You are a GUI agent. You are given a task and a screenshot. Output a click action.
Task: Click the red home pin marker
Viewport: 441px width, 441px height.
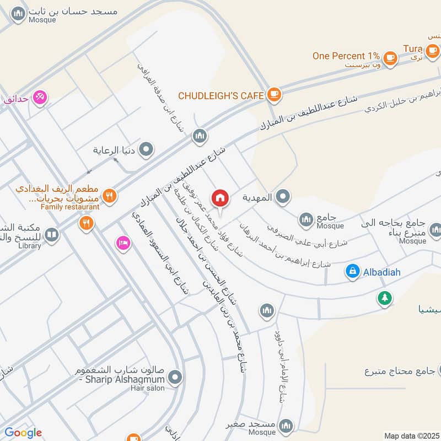220,198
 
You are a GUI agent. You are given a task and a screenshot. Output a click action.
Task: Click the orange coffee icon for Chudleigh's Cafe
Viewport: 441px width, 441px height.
273,95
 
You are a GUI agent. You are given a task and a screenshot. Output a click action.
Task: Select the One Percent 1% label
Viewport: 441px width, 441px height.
346,56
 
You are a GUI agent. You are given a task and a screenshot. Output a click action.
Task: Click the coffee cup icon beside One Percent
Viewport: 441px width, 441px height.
390,57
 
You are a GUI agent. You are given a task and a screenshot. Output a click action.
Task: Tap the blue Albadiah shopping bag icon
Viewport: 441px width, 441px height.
352,271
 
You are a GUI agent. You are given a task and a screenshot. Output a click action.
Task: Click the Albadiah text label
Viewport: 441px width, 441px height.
381,272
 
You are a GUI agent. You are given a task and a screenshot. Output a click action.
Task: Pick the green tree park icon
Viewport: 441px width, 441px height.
384,298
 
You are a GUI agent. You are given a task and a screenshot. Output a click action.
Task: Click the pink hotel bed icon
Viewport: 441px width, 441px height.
123,243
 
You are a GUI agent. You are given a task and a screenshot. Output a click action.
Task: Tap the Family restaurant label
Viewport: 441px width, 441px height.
71,207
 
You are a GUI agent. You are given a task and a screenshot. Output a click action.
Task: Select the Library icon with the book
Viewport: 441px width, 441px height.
51,236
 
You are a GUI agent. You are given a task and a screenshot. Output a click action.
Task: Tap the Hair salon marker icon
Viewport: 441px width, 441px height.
175,378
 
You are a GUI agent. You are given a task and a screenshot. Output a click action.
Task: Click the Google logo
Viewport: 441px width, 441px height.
23,433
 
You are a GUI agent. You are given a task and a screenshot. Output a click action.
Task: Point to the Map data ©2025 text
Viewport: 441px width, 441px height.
411,435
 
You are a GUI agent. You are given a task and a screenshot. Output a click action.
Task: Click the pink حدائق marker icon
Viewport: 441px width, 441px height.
40,98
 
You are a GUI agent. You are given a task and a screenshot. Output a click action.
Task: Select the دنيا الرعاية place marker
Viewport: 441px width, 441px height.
146,149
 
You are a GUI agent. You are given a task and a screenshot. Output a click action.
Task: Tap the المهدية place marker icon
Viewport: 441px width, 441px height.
283,197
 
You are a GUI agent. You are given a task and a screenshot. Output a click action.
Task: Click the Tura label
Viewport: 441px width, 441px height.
412,49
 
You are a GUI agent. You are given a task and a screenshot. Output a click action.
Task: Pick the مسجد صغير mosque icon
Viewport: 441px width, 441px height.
286,425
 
